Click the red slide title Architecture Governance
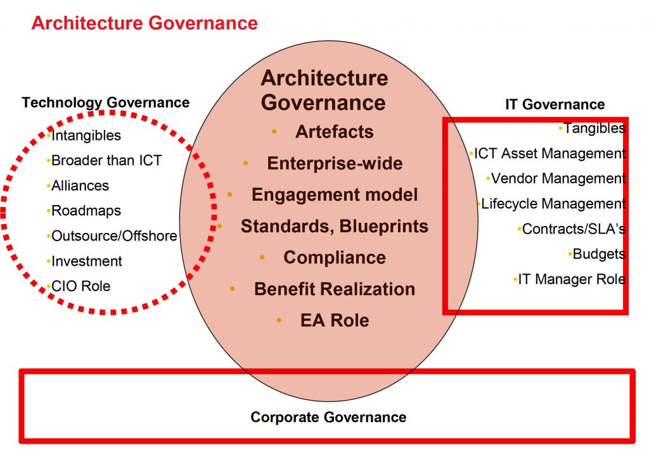[145, 23]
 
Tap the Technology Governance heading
[106, 103]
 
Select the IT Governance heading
[555, 104]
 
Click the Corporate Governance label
[328, 417]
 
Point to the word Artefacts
[335, 132]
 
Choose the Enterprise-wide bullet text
[335, 163]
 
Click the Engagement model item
[335, 195]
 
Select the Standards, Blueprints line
[335, 226]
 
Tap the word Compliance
[335, 258]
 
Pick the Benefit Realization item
[335, 289]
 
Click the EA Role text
[335, 320]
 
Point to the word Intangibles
[86, 135]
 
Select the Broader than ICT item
[106, 160]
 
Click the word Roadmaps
[86, 211]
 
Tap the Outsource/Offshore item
[114, 236]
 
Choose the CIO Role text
[80, 286]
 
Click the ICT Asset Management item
[549, 153]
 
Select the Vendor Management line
[558, 178]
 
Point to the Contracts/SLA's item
[574, 229]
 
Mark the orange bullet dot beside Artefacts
[274, 132]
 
